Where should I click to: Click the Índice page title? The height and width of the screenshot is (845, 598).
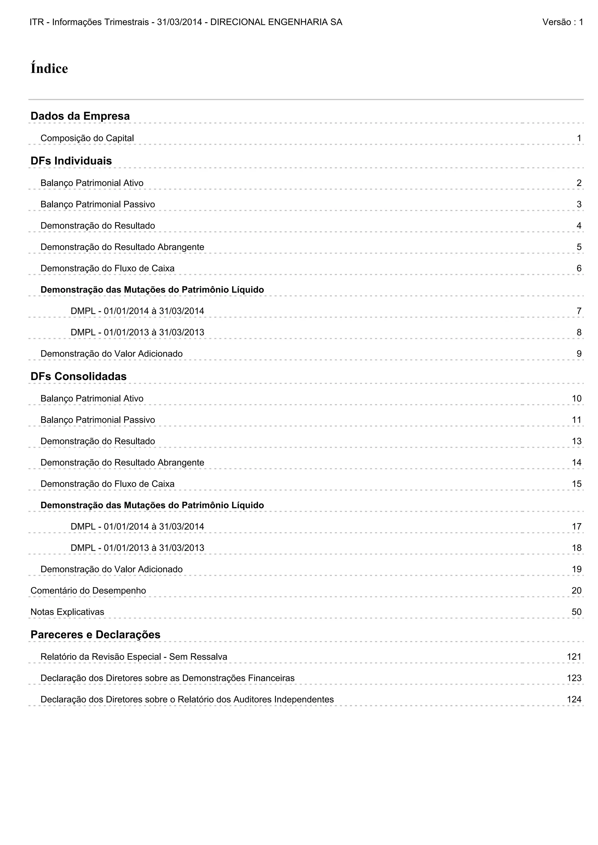(x=49, y=69)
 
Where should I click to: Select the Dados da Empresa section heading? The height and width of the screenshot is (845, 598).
(x=80, y=116)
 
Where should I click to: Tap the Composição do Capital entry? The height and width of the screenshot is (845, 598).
(x=87, y=138)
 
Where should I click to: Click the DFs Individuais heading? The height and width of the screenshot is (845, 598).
(x=71, y=161)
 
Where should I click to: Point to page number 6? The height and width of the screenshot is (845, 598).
(x=579, y=269)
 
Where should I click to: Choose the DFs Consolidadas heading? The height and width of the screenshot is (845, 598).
(x=79, y=376)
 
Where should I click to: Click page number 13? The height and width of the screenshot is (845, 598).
(x=576, y=441)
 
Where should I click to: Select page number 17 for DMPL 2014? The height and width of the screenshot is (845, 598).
(x=576, y=527)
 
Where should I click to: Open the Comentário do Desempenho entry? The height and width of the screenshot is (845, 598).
(x=88, y=591)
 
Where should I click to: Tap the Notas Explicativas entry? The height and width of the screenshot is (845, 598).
(x=67, y=612)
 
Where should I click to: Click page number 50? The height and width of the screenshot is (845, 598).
(x=576, y=612)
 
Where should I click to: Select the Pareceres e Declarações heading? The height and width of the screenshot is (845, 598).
(x=95, y=635)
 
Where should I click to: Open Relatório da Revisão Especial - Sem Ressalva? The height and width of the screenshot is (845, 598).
(x=134, y=657)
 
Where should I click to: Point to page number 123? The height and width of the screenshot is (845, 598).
(x=574, y=678)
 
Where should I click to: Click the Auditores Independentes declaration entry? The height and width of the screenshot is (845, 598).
(x=187, y=700)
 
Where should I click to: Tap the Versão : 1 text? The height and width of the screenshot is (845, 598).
(x=562, y=22)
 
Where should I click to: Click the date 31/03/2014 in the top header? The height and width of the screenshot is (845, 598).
(x=179, y=22)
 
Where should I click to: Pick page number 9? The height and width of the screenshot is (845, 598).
(x=579, y=354)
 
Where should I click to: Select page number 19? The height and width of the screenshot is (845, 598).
(x=576, y=569)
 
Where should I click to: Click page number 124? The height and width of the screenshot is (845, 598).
(x=574, y=700)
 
